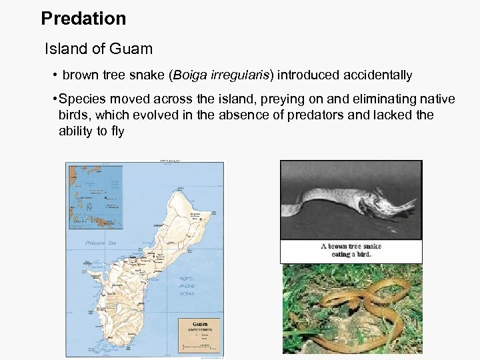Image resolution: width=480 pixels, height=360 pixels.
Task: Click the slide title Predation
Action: tap(83, 19)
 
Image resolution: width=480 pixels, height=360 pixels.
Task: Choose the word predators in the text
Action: tap(313, 115)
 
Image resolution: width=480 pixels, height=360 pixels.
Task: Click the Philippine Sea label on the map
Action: tap(100, 243)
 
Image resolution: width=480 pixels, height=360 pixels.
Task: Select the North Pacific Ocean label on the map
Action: tap(187, 286)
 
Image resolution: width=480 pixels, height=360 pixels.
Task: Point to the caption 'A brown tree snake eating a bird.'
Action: tap(351, 250)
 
